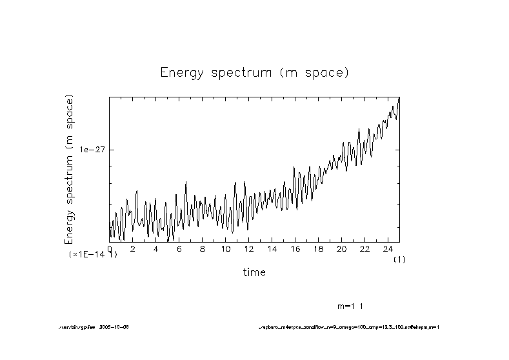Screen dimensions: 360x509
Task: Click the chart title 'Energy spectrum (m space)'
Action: pyautogui.click(x=254, y=72)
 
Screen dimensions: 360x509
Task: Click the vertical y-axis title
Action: pyautogui.click(x=69, y=169)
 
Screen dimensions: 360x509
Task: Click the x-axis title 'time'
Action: pyautogui.click(x=254, y=272)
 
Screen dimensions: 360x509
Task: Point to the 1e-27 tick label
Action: pyautogui.click(x=92, y=149)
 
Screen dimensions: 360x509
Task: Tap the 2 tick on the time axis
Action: pyautogui.click(x=132, y=249)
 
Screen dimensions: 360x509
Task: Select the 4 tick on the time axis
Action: pyautogui.click(x=155, y=249)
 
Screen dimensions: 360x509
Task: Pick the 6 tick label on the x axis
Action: pyautogui.click(x=179, y=249)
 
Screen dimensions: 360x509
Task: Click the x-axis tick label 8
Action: pyautogui.click(x=202, y=249)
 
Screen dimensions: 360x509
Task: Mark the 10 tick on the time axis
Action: pyautogui.click(x=225, y=249)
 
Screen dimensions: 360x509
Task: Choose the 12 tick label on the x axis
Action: pyautogui.click(x=248, y=249)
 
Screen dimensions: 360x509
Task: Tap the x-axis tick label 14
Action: pyautogui.click(x=272, y=249)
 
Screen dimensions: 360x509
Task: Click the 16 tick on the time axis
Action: pyautogui.click(x=295, y=249)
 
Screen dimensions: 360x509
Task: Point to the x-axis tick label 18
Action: pyautogui.click(x=318, y=249)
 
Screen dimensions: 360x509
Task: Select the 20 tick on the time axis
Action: pyautogui.click(x=341, y=249)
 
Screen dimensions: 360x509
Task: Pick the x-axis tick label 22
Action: pyautogui.click(x=364, y=249)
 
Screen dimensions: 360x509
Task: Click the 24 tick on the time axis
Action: pyautogui.click(x=388, y=249)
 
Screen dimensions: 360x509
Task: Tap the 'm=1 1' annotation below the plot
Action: pyautogui.click(x=351, y=306)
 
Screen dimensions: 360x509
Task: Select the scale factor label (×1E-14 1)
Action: pyautogui.click(x=93, y=255)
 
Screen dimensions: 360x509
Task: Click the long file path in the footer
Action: pyautogui.click(x=348, y=327)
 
